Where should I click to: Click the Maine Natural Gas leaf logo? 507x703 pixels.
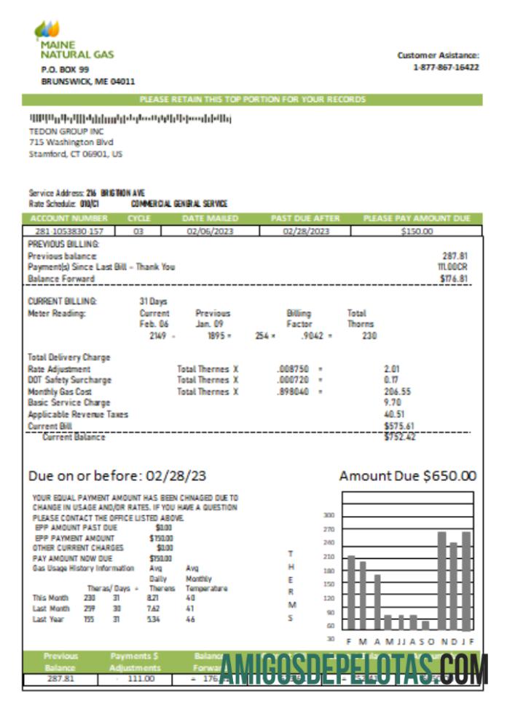click(47, 31)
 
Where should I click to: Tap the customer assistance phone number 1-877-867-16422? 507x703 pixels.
click(446, 67)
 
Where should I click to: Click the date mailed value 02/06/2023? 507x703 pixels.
click(208, 231)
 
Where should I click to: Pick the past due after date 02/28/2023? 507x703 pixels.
click(306, 231)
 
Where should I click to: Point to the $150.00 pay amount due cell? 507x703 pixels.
click(417, 231)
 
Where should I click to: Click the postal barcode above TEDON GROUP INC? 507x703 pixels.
click(130, 119)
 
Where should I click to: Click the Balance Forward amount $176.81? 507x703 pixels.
click(454, 278)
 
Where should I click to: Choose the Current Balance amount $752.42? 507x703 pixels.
click(400, 437)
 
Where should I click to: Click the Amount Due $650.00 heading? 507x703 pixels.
click(407, 476)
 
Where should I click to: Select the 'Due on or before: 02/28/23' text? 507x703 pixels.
click(117, 476)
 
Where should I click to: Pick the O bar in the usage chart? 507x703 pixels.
click(426, 624)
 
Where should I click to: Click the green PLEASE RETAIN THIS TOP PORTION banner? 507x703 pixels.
click(252, 99)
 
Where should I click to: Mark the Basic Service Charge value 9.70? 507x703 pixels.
click(391, 402)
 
